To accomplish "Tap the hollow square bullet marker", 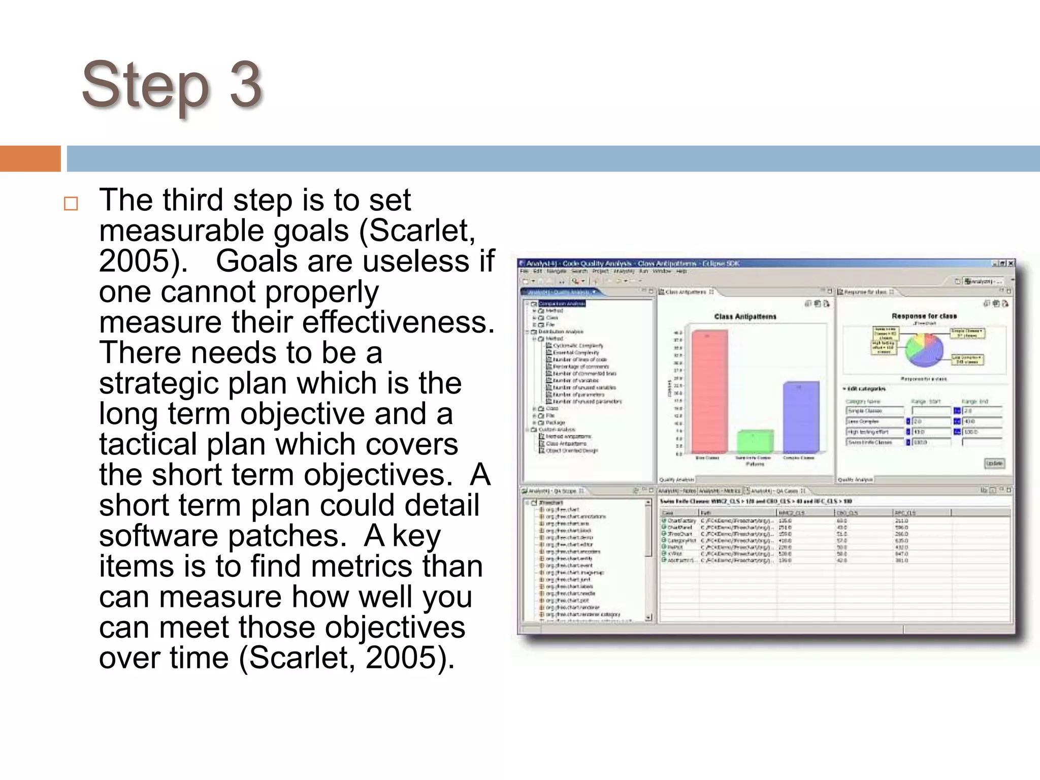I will (71, 204).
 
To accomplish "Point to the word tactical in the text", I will (148, 444).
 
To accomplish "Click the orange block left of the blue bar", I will (30, 158).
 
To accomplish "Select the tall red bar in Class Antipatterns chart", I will (709, 391).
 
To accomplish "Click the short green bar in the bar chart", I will (755, 441).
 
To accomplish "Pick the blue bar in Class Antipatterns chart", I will (801, 416).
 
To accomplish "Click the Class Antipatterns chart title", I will (745, 316).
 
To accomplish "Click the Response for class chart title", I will (924, 316).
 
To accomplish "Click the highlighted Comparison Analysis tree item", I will (562, 304).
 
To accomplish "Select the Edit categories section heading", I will (866, 388).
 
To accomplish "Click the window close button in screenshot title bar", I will (1011, 263).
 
